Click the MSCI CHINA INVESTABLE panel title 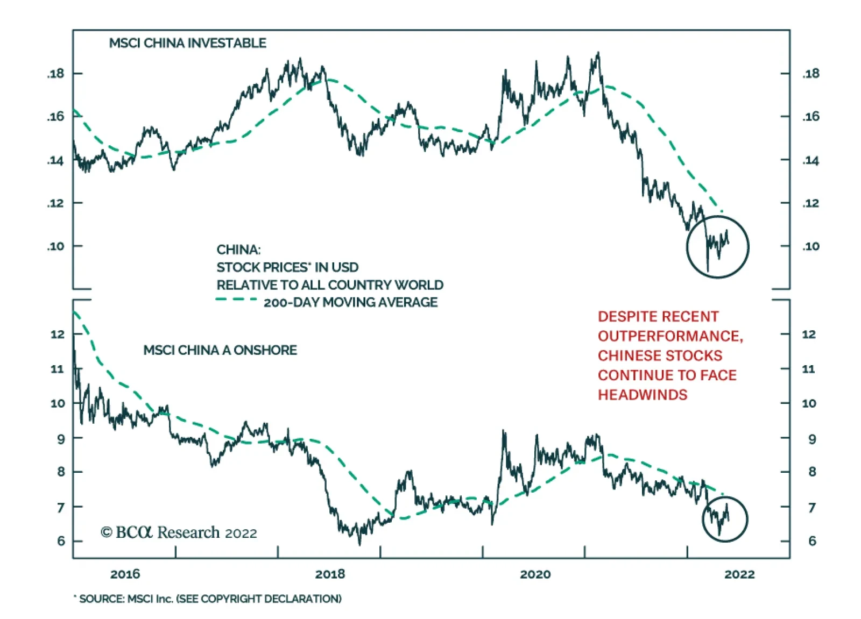click(187, 43)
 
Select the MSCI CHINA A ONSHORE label click(220, 350)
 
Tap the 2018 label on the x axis click(330, 574)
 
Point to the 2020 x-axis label click(535, 574)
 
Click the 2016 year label click(125, 574)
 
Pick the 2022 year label click(739, 574)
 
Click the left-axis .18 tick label click(55, 74)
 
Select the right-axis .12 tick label click(810, 203)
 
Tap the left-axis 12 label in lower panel click(58, 334)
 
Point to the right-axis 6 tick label click(812, 541)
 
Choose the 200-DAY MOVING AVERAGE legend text click(350, 302)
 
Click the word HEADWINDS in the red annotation click(643, 395)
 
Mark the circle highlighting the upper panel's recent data click(717, 247)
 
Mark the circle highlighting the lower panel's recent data click(725, 519)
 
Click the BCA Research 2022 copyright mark click(179, 532)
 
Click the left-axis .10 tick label click(55, 246)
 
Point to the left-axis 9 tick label click(61, 439)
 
